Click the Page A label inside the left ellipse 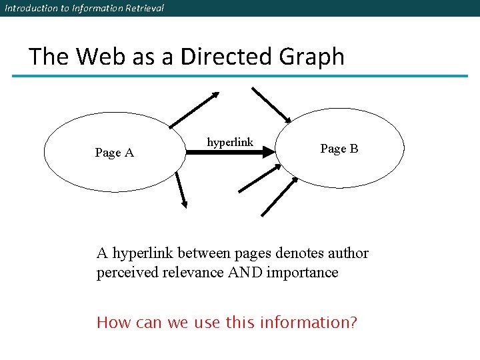coord(114,153)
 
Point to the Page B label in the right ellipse coord(339,149)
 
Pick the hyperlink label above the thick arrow coord(230,142)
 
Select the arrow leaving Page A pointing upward coord(194,109)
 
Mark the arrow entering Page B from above coord(271,105)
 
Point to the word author coord(347,253)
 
